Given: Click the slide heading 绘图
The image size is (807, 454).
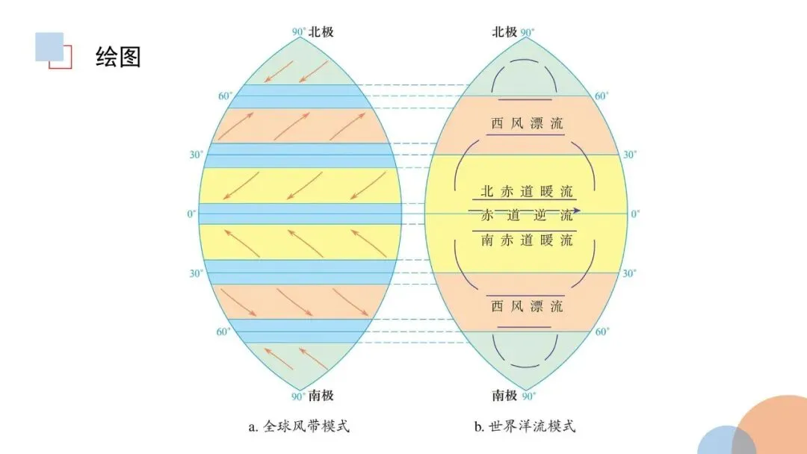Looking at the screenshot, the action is tap(118, 56).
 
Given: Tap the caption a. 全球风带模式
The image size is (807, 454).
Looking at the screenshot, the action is tap(299, 427).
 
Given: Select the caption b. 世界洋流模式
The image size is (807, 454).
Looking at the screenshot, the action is tap(525, 427).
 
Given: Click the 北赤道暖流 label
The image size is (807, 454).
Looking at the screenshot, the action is tap(527, 190).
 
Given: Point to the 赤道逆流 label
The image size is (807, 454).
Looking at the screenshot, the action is tap(527, 216).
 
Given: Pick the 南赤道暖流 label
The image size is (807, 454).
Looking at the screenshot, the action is tap(527, 240).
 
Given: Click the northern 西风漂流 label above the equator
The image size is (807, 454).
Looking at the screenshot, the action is tap(527, 124).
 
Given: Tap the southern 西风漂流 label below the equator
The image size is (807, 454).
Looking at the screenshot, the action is tap(527, 306).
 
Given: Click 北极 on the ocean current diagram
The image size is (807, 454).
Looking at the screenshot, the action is tap(504, 31).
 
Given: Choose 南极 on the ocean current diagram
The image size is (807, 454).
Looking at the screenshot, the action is tap(504, 394).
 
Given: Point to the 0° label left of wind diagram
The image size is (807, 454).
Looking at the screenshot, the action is tap(192, 214).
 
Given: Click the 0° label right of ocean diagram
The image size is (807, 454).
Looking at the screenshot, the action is tap(635, 214).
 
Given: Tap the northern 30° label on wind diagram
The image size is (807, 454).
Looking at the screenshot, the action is tap(196, 155).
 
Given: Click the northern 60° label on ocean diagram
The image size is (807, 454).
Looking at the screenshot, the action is tap(602, 96).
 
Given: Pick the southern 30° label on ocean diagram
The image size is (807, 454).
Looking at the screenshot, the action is tap(630, 273).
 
